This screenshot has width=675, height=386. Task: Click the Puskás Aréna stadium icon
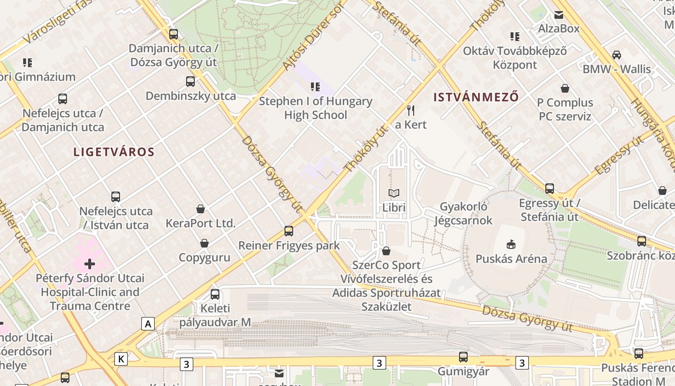point(511,245)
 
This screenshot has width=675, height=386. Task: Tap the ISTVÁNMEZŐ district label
point(476,97)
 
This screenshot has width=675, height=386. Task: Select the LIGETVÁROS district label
point(114,152)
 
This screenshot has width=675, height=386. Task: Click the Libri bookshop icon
point(394,193)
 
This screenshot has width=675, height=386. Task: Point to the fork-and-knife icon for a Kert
point(411,110)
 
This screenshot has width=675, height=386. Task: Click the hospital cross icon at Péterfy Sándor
point(90,264)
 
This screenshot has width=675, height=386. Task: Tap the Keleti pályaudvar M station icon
point(215,294)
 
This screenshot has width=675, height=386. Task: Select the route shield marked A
point(148,324)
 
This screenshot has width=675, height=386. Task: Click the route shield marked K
point(121,359)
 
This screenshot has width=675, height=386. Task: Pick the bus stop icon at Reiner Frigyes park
point(289,231)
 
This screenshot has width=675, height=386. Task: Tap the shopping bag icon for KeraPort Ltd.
point(201,209)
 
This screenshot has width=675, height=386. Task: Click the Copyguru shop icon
point(204,243)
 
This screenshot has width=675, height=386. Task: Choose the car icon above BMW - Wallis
point(616,55)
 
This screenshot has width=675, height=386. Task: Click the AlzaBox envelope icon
point(559,14)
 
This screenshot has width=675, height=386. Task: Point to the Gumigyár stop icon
point(463,357)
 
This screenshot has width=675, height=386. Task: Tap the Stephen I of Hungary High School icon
point(315,87)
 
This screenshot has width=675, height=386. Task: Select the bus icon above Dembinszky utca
point(190,82)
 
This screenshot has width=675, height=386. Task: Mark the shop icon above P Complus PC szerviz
point(565,88)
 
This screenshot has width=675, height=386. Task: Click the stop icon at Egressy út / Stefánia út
point(550,189)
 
